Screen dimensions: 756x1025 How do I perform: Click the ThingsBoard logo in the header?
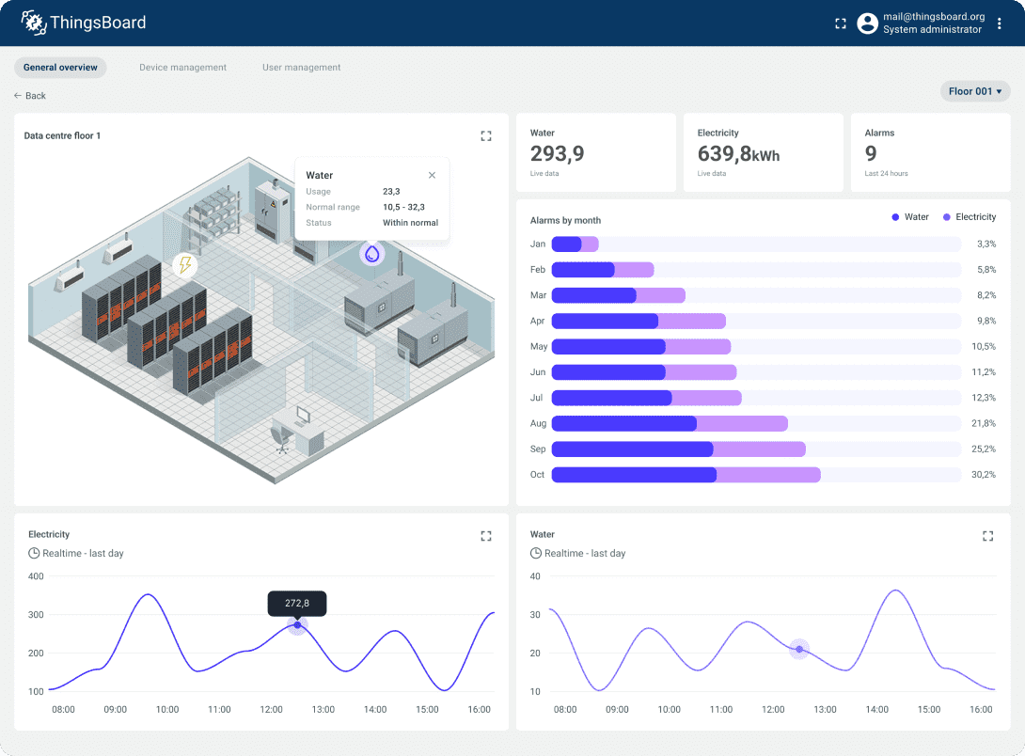[84, 23]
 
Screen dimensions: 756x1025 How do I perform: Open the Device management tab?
[182, 68]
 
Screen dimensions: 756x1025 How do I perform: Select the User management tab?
[301, 68]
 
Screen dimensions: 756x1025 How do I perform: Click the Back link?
[30, 96]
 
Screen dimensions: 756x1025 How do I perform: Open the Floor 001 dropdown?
[975, 91]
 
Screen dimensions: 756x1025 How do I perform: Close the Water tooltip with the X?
[432, 175]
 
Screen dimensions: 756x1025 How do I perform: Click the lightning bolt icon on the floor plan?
[185, 265]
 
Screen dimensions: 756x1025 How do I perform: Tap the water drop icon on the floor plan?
[373, 253]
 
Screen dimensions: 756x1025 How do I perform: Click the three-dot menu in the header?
[1000, 24]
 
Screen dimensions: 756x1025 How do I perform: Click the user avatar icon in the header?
[867, 24]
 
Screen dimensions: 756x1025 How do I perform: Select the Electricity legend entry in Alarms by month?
[969, 217]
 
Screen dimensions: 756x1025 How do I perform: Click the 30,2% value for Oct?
[983, 475]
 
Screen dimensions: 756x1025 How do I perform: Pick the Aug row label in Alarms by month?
[538, 424]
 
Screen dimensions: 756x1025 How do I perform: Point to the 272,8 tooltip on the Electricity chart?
[297, 603]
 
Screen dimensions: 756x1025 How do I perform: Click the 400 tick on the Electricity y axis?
[37, 576]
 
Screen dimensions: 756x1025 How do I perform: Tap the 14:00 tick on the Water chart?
[876, 710]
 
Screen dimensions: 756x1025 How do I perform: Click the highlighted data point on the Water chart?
[799, 649]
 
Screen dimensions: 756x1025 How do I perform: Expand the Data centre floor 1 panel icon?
[486, 136]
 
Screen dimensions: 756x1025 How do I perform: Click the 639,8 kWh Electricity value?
[738, 154]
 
